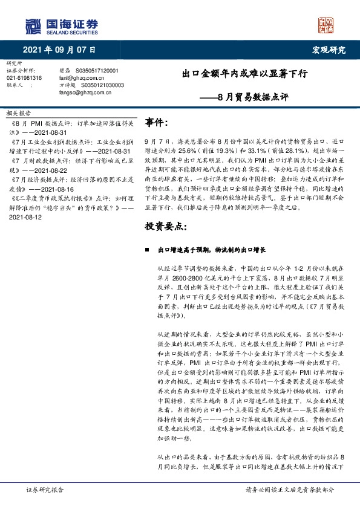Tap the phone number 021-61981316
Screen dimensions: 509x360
24,78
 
